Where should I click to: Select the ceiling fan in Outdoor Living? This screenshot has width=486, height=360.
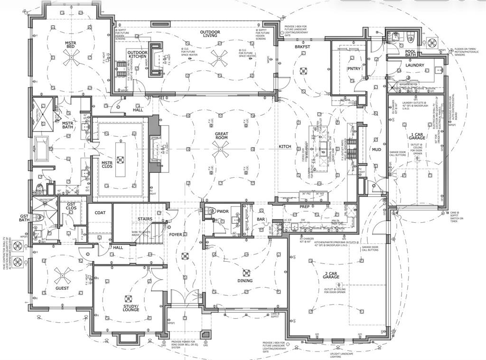pos(219,57)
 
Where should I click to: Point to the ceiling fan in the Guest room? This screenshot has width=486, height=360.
pos(62,273)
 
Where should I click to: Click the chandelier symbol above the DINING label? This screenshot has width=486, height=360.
pos(246,273)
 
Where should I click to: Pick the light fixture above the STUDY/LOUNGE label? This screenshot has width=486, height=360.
pos(127,298)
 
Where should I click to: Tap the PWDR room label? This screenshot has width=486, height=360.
pos(223,210)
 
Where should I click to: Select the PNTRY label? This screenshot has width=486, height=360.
pos(354,69)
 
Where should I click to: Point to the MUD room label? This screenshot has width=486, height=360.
pos(376,149)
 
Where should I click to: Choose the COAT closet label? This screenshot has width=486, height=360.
pos(100,212)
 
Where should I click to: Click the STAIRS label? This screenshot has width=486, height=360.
pos(145,219)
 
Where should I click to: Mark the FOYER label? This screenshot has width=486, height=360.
pos(176,235)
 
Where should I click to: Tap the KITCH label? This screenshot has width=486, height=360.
pos(285,147)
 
